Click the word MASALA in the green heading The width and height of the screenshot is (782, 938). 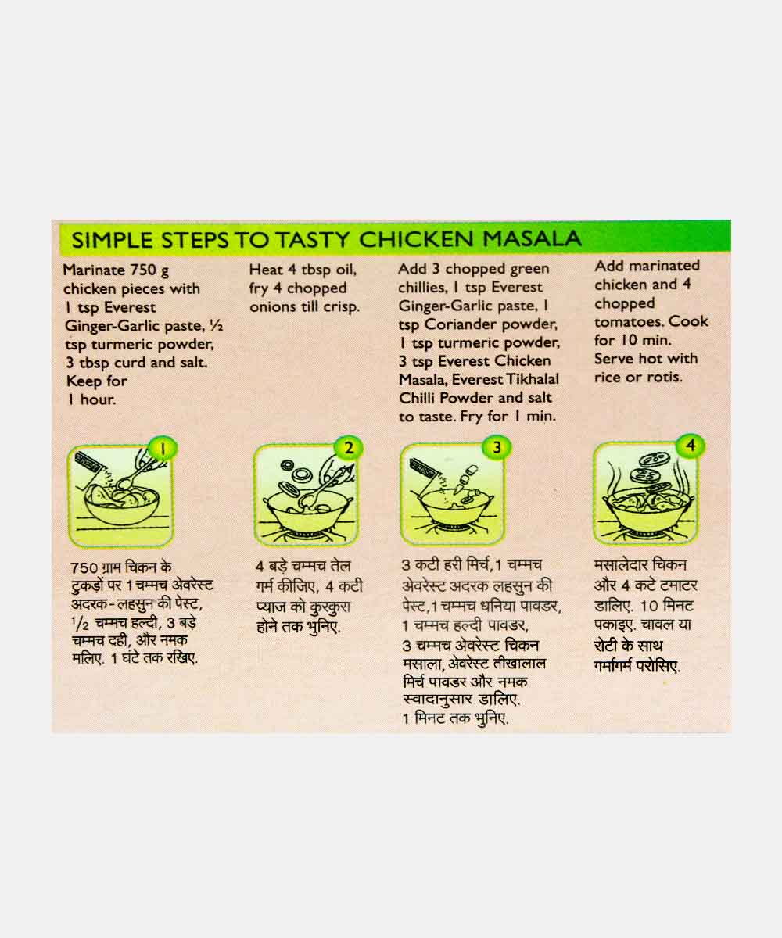pyautogui.click(x=532, y=238)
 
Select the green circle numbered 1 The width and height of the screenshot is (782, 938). pyautogui.click(x=163, y=449)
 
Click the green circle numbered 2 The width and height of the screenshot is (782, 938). pyautogui.click(x=348, y=448)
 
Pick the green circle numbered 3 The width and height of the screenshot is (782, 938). pyautogui.click(x=496, y=447)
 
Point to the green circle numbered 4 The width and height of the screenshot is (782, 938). pyautogui.click(x=691, y=446)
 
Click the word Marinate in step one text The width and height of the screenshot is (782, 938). pyautogui.click(x=94, y=270)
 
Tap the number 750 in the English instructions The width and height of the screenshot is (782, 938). pyautogui.click(x=142, y=270)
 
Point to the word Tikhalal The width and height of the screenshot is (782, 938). pyautogui.click(x=533, y=379)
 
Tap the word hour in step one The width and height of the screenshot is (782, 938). pyautogui.click(x=98, y=399)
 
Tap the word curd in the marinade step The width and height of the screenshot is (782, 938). pyautogui.click(x=131, y=363)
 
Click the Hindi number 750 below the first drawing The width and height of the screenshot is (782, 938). pyautogui.click(x=84, y=567)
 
